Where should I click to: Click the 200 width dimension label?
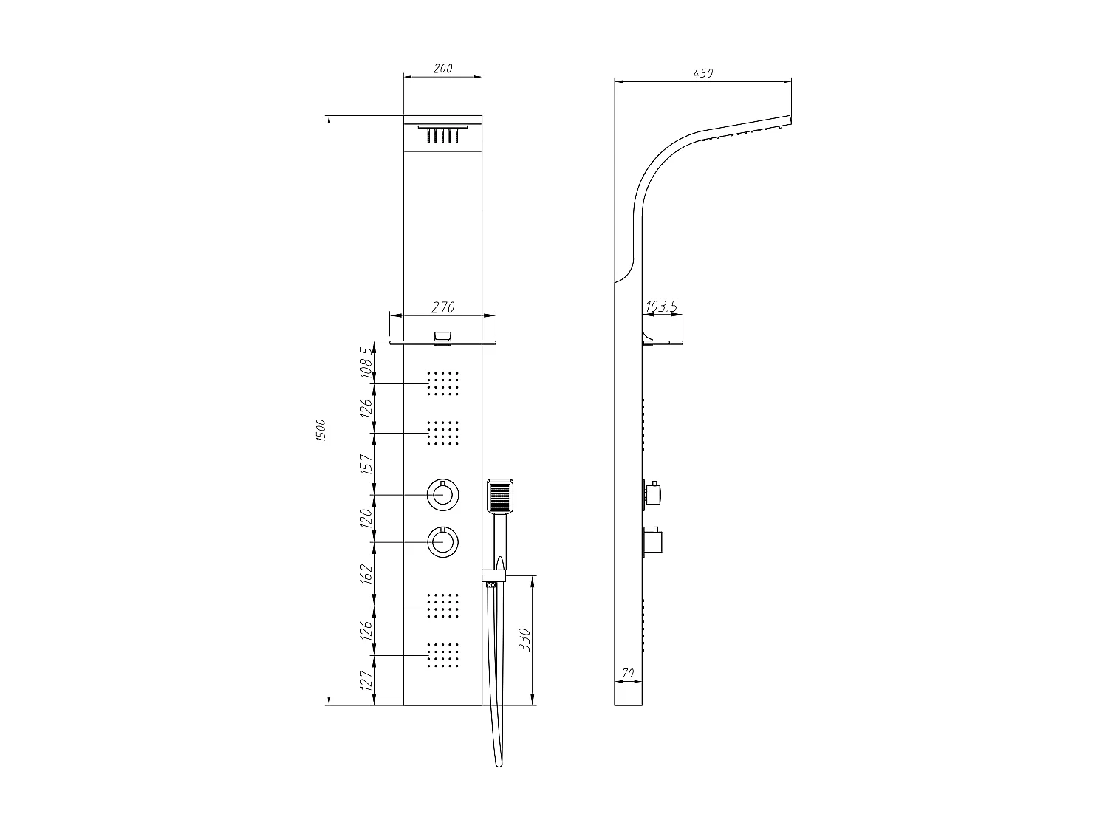[x=442, y=69]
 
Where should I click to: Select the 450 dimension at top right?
[x=702, y=73]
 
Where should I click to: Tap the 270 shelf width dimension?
[x=442, y=307]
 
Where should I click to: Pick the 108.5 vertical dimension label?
[x=366, y=363]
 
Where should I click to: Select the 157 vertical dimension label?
[x=366, y=464]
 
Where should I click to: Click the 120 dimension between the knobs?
[x=366, y=519]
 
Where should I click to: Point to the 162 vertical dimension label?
[x=366, y=573]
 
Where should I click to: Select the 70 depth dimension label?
[x=629, y=673]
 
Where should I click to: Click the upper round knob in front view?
[x=442, y=494]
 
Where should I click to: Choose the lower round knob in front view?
[x=442, y=542]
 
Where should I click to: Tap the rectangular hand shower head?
[x=501, y=496]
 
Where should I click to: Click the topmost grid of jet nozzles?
[x=443, y=383]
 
